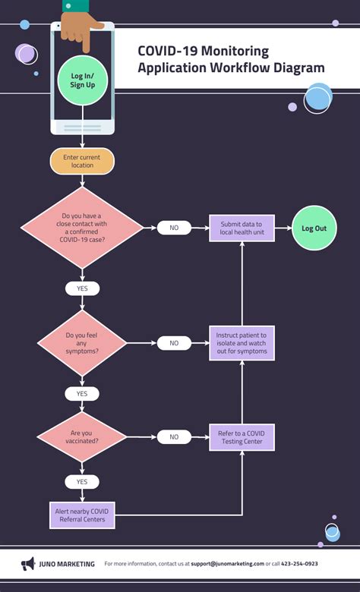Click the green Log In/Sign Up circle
(x=83, y=81)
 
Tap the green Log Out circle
(x=314, y=228)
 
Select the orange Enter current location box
(x=82, y=161)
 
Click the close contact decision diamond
(x=82, y=228)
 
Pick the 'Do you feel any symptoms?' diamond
(x=82, y=343)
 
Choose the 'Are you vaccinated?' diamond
(x=82, y=436)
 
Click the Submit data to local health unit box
(x=242, y=228)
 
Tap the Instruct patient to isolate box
(x=242, y=343)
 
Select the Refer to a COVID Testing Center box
(x=242, y=437)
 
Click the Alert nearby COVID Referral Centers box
(x=82, y=516)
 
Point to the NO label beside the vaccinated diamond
(x=174, y=437)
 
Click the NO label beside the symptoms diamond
(x=174, y=343)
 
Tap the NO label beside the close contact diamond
(x=174, y=228)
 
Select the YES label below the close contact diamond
(x=82, y=288)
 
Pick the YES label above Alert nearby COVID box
(x=82, y=481)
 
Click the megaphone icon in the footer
(x=28, y=564)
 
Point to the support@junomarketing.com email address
(x=227, y=564)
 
